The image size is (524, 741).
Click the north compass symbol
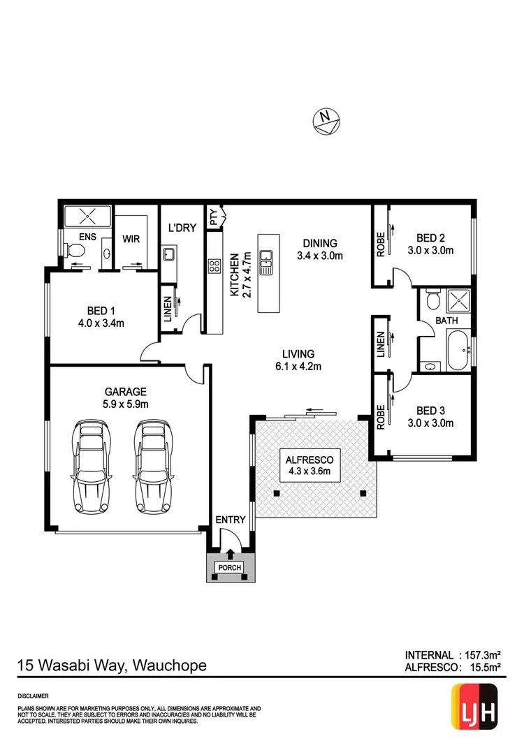click(326, 121)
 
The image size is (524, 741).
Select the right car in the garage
click(154, 466)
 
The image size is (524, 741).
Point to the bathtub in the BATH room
click(458, 350)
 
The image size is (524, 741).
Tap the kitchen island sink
click(265, 263)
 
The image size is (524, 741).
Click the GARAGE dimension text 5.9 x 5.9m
click(126, 404)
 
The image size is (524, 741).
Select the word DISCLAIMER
click(33, 696)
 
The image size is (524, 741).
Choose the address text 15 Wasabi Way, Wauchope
click(112, 665)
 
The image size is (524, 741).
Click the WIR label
click(131, 239)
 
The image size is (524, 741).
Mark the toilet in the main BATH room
click(432, 300)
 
